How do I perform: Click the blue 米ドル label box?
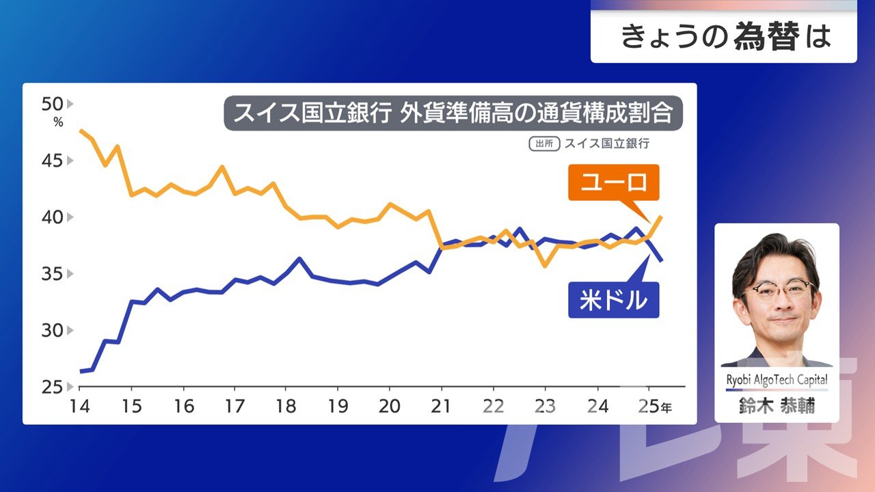click(x=613, y=301)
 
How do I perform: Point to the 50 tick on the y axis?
click(x=52, y=105)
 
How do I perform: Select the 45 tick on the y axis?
click(x=52, y=161)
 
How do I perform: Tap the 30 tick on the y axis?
click(x=52, y=331)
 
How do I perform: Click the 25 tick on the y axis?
click(x=52, y=387)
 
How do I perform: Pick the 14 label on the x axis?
click(x=80, y=407)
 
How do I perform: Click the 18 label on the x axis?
click(x=286, y=407)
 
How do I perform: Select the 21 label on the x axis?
click(x=442, y=407)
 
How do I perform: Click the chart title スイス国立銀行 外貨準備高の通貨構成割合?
click(x=453, y=113)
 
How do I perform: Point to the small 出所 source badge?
click(x=544, y=143)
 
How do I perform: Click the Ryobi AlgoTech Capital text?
click(x=777, y=380)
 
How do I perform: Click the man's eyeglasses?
click(x=779, y=290)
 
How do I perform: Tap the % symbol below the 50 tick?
click(x=57, y=123)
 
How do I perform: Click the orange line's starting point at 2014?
click(x=81, y=130)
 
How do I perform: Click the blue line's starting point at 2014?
click(x=81, y=371)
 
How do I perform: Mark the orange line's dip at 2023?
click(x=545, y=266)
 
